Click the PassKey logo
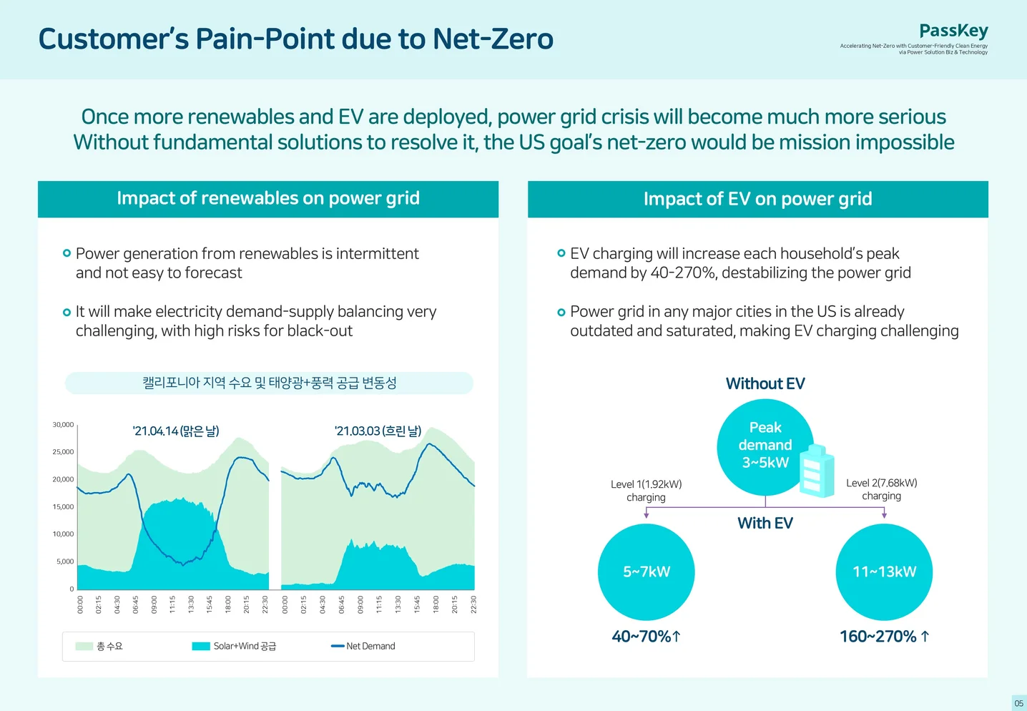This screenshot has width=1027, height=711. (x=953, y=31)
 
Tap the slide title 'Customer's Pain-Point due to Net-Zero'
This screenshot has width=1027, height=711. (x=295, y=39)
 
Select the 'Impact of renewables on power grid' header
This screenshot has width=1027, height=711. (x=268, y=198)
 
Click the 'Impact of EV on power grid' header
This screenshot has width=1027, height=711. (x=758, y=199)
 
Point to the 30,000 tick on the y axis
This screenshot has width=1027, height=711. (x=63, y=424)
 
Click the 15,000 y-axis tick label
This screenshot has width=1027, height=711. (x=63, y=506)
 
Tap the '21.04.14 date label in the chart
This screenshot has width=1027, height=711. (x=176, y=431)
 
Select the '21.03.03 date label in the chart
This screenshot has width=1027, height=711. (x=378, y=431)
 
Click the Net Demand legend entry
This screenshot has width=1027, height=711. (x=363, y=646)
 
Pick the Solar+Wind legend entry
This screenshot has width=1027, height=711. (x=234, y=646)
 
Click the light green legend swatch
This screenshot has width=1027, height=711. (x=84, y=646)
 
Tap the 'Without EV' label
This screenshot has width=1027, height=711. (x=765, y=383)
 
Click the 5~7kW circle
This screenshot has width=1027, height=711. (x=646, y=572)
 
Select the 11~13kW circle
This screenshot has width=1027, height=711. (x=884, y=572)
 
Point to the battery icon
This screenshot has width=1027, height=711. (x=817, y=471)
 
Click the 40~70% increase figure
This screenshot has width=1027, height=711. (x=646, y=637)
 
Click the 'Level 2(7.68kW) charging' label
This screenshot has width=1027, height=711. (x=881, y=489)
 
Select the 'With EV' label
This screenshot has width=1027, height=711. (x=765, y=523)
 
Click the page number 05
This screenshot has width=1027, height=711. (x=1018, y=703)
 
